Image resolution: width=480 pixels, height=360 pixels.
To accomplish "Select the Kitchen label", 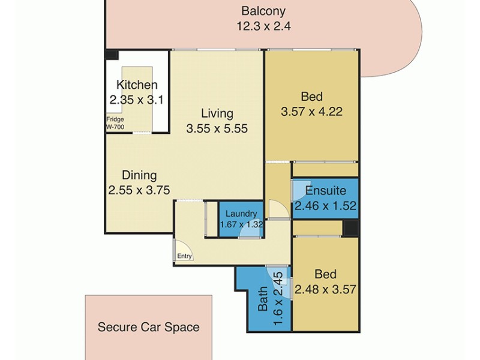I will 137,85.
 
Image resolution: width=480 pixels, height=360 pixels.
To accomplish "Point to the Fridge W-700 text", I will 115,123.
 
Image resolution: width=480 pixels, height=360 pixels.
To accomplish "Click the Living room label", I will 217,113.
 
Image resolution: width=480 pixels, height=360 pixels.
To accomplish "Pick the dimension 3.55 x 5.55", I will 217,128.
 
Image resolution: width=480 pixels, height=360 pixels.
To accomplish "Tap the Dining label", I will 139,176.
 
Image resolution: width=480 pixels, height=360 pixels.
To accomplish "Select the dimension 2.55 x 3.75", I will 139,191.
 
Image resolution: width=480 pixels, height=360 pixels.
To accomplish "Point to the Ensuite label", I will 325,191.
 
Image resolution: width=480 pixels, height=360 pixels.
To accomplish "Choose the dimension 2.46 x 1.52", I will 325,206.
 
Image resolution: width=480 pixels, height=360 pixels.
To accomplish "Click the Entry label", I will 184,256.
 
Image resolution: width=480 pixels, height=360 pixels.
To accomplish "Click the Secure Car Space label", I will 148,328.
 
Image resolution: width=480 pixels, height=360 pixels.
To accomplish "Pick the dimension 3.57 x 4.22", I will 311,112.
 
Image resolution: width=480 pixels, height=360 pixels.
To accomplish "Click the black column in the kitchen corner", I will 112,55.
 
